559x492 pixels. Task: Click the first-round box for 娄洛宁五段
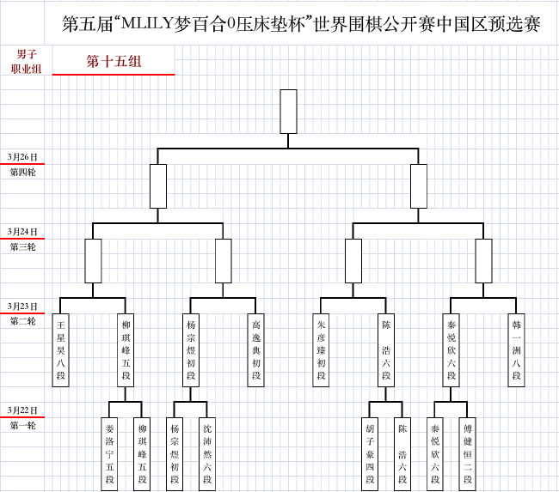pyautogui.click(x=109, y=454)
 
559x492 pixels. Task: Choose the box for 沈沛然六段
pyautogui.click(x=207, y=454)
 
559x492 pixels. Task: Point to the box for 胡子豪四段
pyautogui.click(x=370, y=454)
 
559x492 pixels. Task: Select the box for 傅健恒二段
pyautogui.click(x=468, y=454)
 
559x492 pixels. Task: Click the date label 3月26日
pyautogui.click(x=22, y=157)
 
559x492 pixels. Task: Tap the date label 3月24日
pyautogui.click(x=22, y=232)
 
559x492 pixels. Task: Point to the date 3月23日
pyautogui.click(x=22, y=307)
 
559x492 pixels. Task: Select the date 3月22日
pyautogui.click(x=22, y=410)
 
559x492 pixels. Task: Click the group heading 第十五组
pyautogui.click(x=114, y=61)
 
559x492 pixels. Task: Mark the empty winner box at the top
pyautogui.click(x=288, y=112)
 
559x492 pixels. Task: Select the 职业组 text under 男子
pyautogui.click(x=26, y=69)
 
